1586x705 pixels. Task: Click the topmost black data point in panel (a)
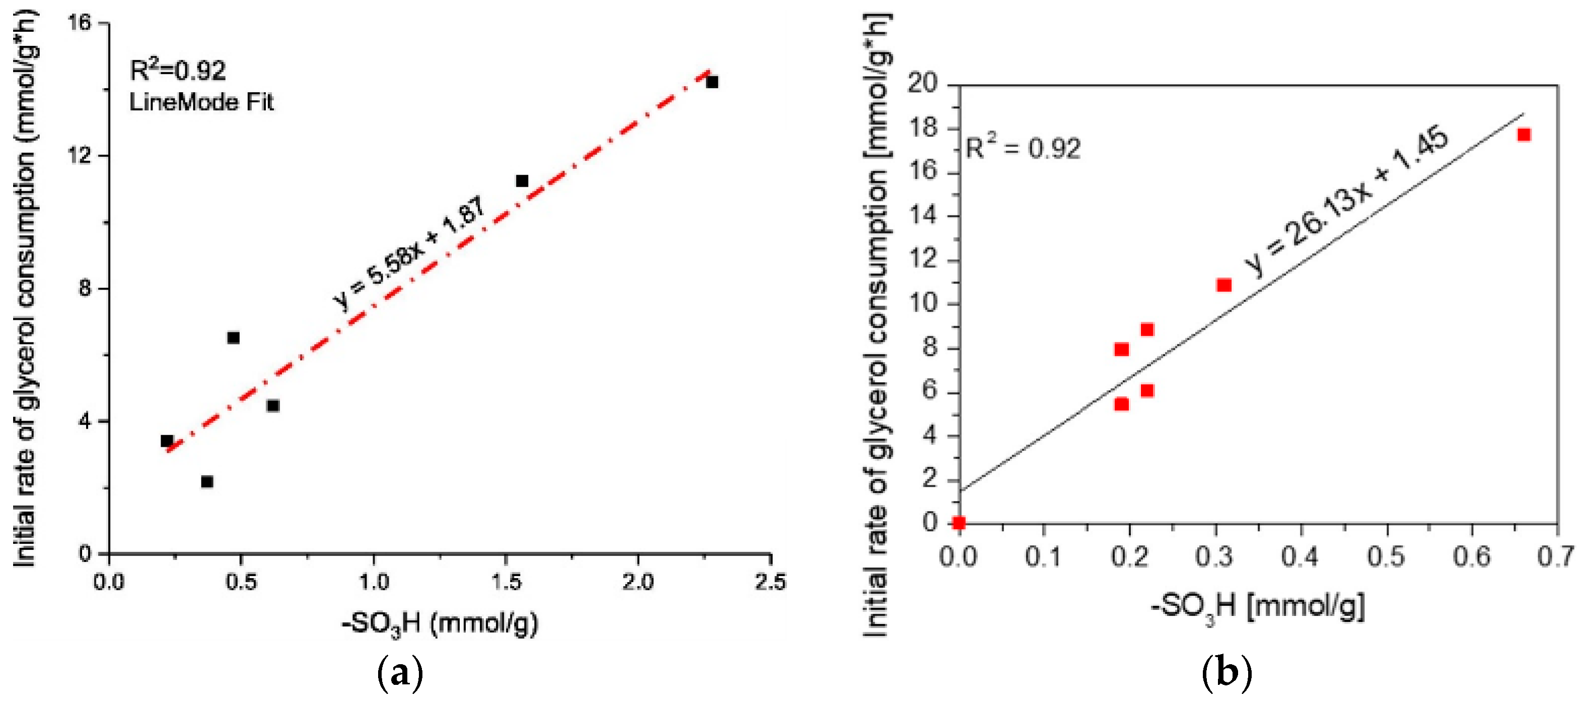point(712,82)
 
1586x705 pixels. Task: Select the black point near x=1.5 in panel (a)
point(522,180)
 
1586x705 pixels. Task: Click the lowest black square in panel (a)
point(207,481)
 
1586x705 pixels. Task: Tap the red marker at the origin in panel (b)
point(959,523)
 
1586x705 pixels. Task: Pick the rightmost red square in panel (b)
point(1524,135)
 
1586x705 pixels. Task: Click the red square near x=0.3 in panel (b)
point(1224,285)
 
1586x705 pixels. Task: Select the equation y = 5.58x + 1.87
point(410,254)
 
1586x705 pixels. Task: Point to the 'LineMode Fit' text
point(201,102)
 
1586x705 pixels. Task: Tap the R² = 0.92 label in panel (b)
point(1023,148)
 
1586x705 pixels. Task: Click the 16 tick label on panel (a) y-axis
point(80,23)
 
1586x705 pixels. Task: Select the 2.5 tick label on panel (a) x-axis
point(770,582)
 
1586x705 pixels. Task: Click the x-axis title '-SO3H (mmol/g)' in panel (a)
point(440,624)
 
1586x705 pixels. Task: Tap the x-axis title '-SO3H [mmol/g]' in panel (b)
point(1257,606)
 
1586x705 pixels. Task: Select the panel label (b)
point(1227,673)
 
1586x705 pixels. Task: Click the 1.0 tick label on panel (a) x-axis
point(374,582)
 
